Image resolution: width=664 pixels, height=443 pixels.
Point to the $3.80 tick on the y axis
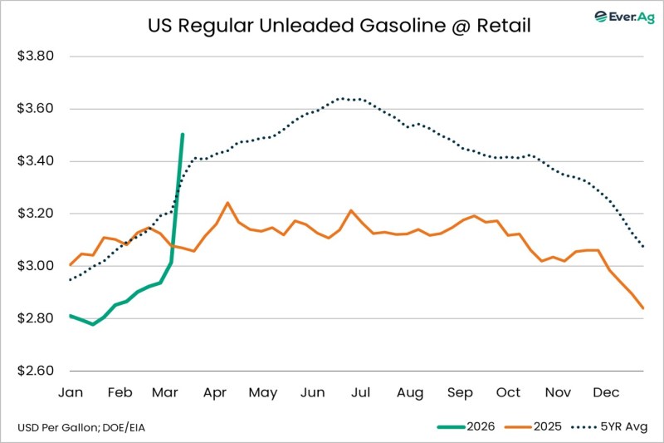coord(36,57)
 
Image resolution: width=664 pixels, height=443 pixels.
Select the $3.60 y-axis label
coord(36,109)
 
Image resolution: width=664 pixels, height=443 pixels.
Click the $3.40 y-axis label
coord(36,161)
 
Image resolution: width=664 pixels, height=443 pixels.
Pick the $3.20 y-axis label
coord(36,214)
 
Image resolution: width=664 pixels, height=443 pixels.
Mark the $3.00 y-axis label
coord(36,266)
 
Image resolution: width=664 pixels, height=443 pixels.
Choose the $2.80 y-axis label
coord(36,318)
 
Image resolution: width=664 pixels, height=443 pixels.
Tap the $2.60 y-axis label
coord(36,371)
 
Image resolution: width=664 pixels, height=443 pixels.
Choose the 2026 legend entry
coord(466,427)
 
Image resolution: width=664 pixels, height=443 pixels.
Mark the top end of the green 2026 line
coord(183,134)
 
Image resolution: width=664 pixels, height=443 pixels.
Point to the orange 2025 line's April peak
coord(227,202)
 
